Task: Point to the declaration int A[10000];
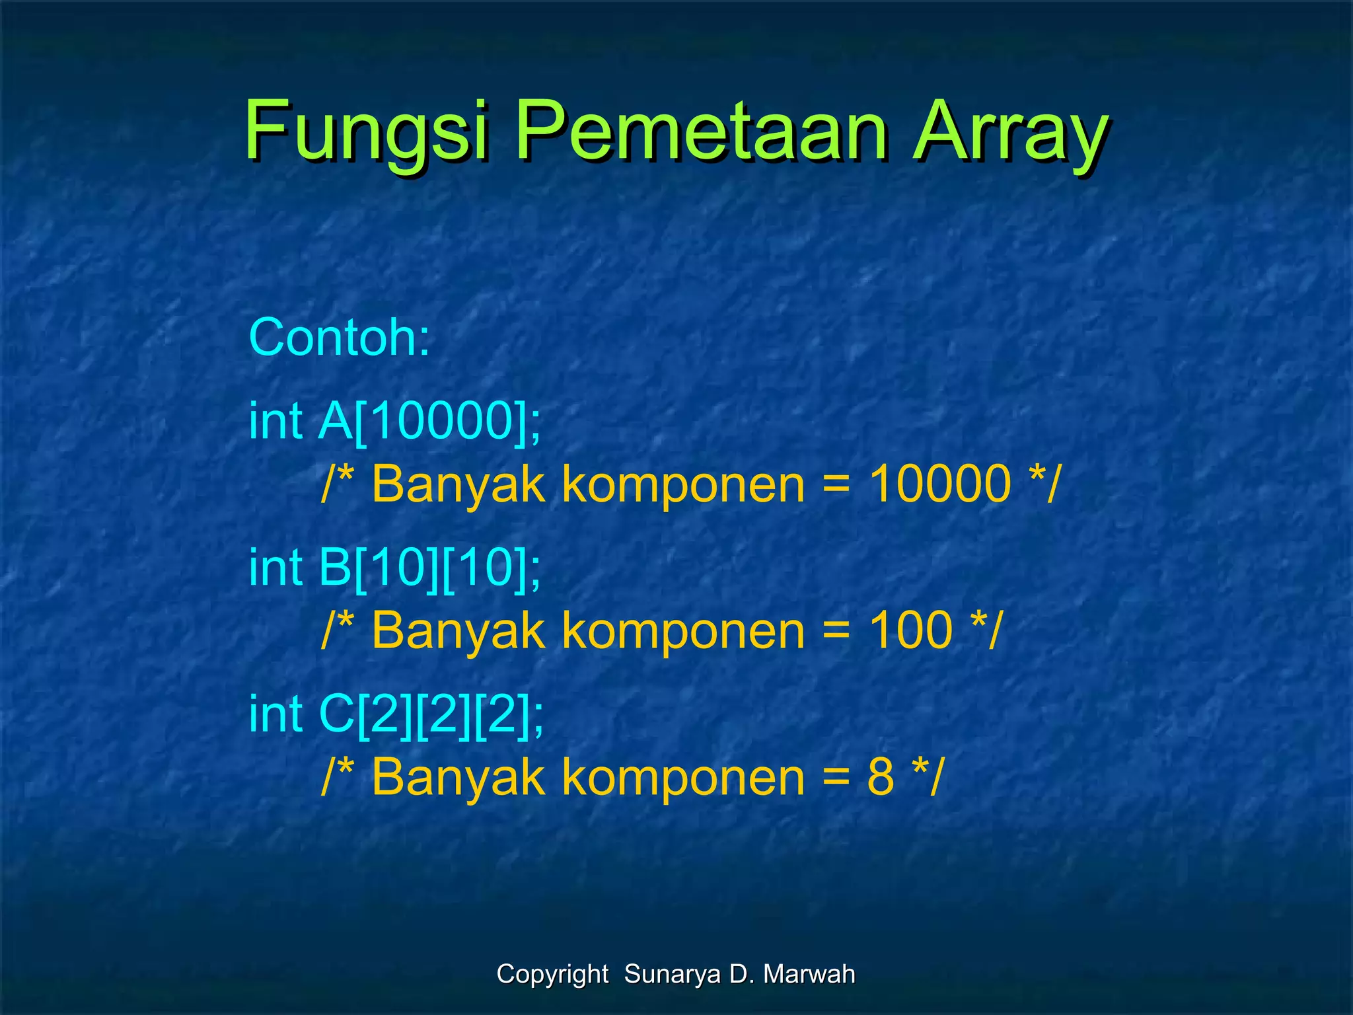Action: point(395,421)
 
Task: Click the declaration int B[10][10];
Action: point(395,568)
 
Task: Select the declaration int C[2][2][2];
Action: point(396,714)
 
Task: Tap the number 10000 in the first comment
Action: point(939,484)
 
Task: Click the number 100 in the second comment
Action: point(910,630)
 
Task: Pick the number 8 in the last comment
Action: point(881,777)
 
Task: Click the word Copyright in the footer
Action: point(552,974)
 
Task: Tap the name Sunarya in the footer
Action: point(673,974)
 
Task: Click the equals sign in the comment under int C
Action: point(836,777)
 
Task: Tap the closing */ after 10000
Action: point(1044,484)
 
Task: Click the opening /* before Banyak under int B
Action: point(338,630)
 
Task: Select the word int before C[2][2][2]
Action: point(275,714)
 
